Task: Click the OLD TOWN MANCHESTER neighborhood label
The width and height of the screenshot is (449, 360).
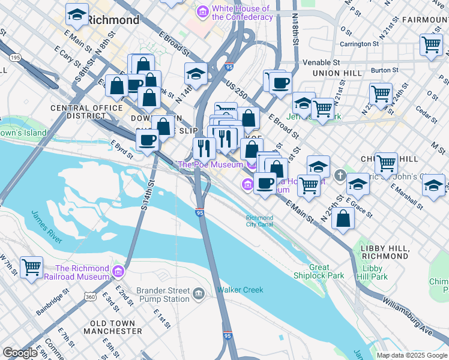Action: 116,327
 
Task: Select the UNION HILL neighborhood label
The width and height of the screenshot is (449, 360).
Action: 337,73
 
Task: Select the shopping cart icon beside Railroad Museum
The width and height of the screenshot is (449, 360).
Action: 31,266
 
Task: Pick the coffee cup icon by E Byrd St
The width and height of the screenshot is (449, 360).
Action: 148,140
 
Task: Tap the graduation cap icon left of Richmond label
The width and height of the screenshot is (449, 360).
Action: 76,14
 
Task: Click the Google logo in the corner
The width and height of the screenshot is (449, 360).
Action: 20,353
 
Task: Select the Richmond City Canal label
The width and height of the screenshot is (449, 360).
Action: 259,221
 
